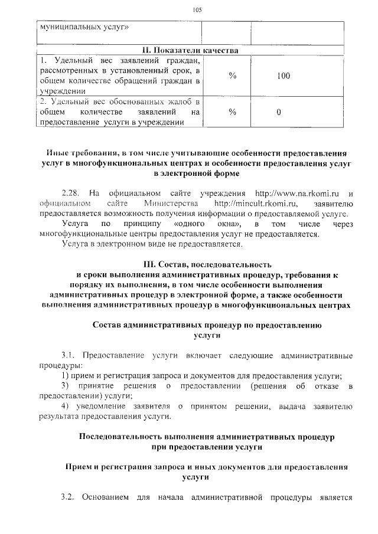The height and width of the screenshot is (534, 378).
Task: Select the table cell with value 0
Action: (x=278, y=112)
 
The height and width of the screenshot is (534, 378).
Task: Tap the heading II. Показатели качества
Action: (x=189, y=51)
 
